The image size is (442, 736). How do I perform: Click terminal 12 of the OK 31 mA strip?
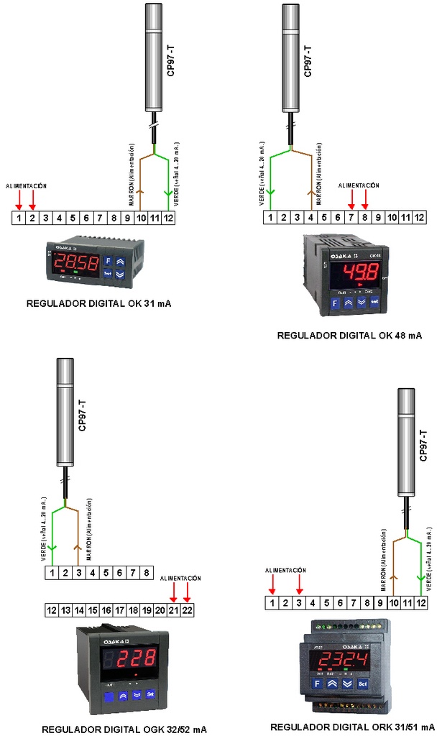(168, 217)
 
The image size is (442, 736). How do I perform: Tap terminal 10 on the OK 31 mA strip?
(141, 217)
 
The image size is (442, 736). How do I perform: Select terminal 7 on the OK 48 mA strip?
(351, 217)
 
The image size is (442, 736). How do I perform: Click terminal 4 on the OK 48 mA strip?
(310, 217)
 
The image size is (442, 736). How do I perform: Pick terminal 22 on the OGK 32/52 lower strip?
(187, 610)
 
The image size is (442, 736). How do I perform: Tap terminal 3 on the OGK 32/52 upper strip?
(79, 573)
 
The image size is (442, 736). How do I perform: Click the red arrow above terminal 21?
(173, 592)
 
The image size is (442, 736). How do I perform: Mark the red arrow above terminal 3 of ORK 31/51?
(300, 583)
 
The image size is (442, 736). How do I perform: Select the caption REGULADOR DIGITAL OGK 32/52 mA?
(124, 728)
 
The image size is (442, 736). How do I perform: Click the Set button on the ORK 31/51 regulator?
(363, 683)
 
